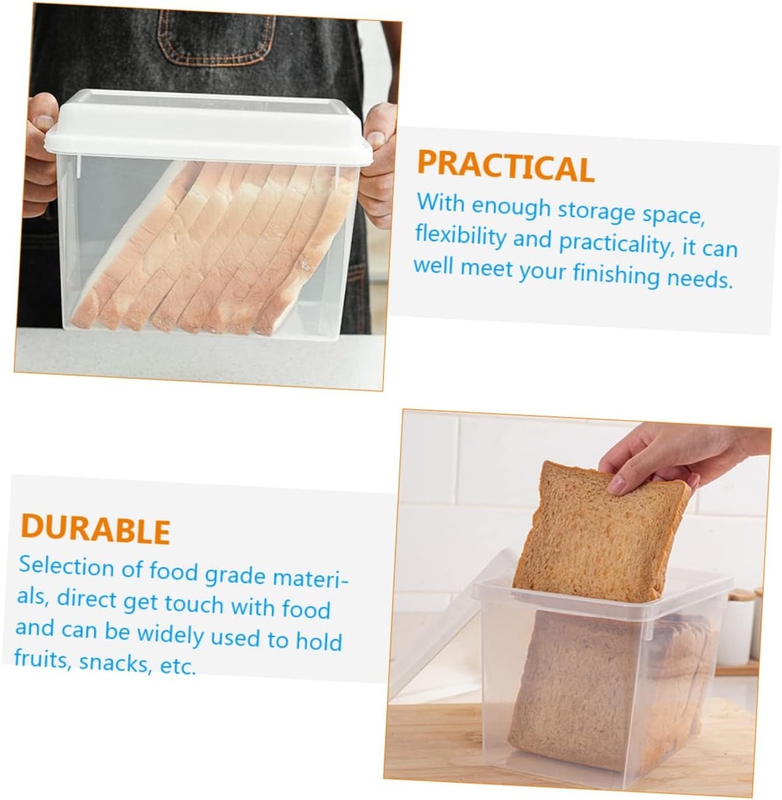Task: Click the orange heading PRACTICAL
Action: (505, 166)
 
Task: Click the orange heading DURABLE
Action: (95, 529)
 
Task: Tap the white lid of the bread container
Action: (207, 128)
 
